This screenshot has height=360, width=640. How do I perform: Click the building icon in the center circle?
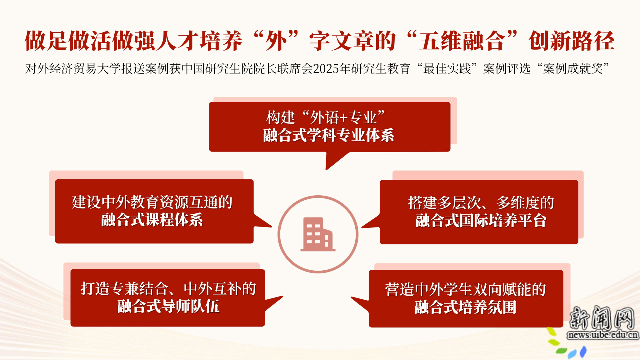point(318,234)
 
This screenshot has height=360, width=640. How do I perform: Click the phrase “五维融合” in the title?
point(462,41)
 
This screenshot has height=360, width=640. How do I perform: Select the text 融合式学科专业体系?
point(328,135)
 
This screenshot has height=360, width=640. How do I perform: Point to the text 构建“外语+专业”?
point(325,117)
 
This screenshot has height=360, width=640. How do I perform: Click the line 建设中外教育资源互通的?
point(152,202)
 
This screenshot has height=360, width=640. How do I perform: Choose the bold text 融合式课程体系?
point(152,220)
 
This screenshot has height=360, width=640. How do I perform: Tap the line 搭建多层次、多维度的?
point(481,203)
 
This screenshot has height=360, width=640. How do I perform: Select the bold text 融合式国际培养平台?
point(481,221)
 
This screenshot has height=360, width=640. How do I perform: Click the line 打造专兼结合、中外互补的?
point(168,288)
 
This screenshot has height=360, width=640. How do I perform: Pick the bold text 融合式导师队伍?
point(168,306)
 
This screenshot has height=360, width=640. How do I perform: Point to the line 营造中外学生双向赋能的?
point(465,289)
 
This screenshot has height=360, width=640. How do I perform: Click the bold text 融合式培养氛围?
point(465,307)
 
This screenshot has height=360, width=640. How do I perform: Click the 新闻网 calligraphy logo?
point(602,317)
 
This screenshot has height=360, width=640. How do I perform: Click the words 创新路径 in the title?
point(572,41)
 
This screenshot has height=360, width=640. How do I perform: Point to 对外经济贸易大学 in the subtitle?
point(73,69)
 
